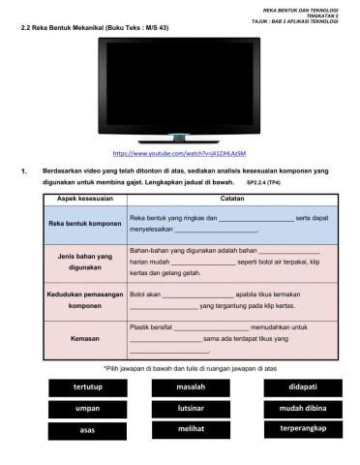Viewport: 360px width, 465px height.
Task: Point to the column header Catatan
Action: point(231,197)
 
